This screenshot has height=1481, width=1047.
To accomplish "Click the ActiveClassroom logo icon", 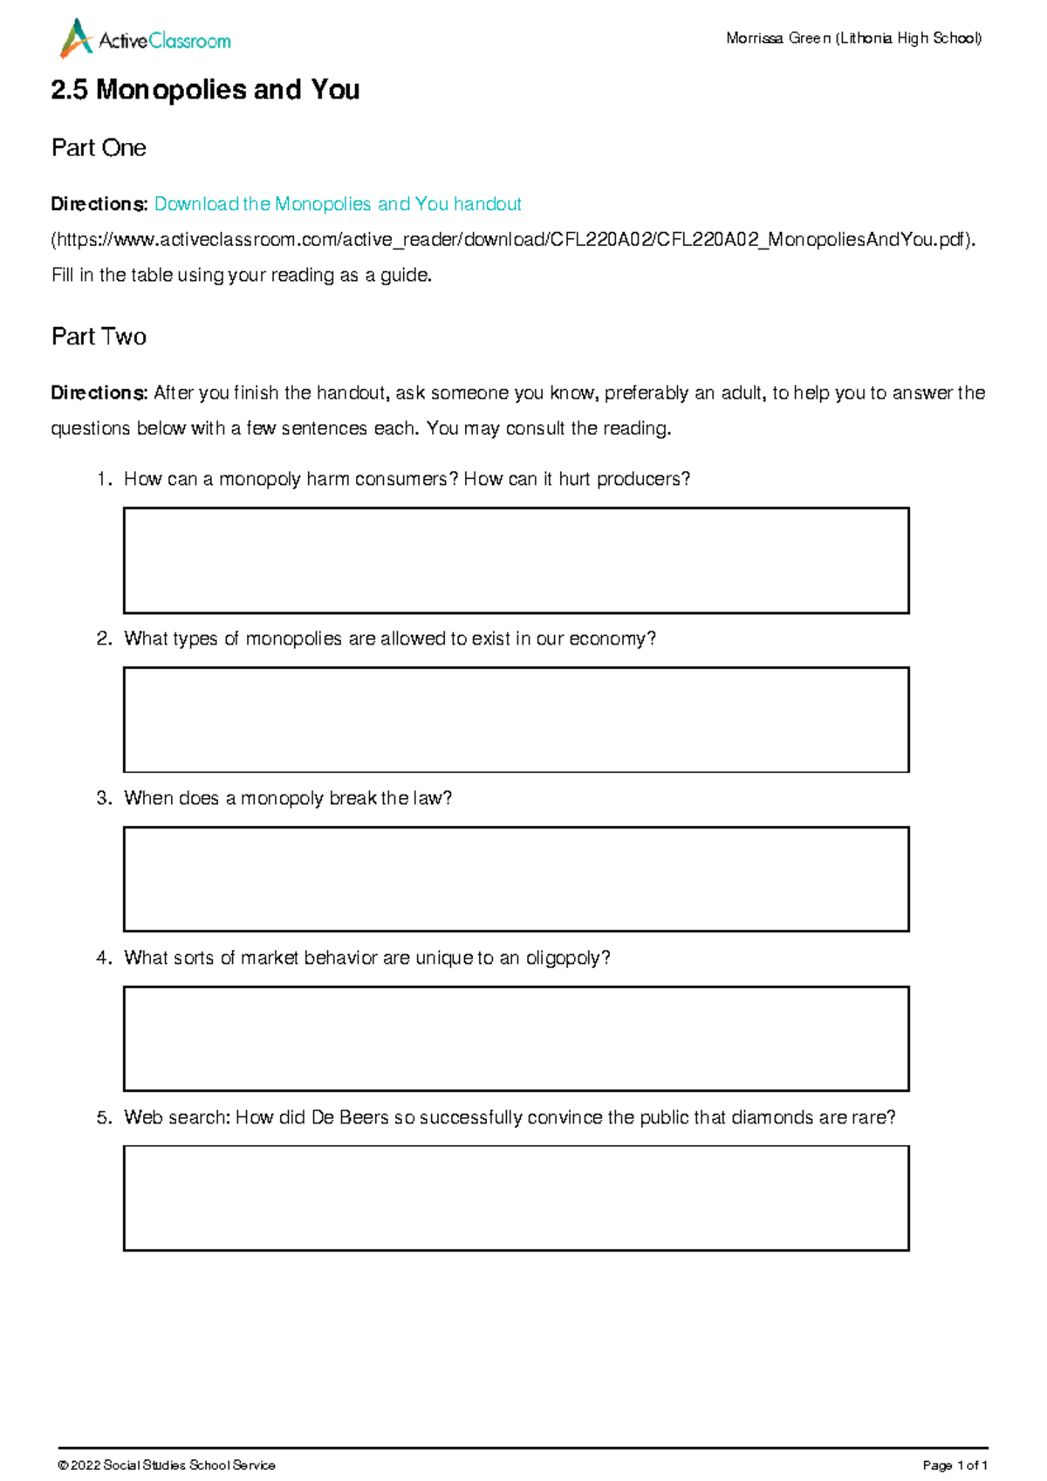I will point(76,39).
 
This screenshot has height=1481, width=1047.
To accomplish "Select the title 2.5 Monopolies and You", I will point(205,90).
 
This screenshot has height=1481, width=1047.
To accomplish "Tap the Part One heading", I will point(99,148).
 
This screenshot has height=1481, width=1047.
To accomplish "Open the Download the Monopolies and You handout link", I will point(338,204).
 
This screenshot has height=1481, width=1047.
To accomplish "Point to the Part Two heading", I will point(99,337).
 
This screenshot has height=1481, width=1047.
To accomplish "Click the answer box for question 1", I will point(516,561).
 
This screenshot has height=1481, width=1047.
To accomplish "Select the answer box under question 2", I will point(516,720).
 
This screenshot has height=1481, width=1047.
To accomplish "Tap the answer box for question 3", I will point(516,879).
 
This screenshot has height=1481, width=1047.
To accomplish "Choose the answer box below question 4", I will point(516,1039).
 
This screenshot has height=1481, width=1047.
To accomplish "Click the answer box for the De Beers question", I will point(516,1198).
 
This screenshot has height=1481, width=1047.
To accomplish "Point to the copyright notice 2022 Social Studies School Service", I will point(167,1465).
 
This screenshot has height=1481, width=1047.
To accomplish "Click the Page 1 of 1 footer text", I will point(955,1465).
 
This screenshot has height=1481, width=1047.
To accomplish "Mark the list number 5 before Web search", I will point(103,1118).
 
